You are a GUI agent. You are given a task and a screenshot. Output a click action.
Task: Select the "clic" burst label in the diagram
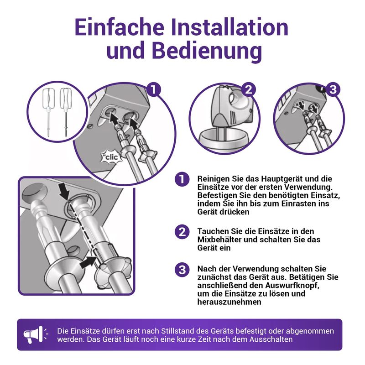[112, 157]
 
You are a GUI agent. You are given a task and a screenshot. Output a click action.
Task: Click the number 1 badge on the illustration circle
[154, 89]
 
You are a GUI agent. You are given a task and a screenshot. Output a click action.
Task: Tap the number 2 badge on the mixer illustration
[249, 89]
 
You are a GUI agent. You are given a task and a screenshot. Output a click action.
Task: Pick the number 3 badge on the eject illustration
[333, 89]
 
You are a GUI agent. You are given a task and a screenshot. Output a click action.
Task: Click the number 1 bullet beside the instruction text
[182, 179]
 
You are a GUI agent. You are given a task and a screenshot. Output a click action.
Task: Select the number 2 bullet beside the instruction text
[182, 232]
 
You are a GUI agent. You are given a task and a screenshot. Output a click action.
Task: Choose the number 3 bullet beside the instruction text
[182, 270]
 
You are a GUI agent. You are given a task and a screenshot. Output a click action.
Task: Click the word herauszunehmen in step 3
[229, 302]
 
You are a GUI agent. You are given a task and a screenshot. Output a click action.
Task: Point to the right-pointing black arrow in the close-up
[88, 263]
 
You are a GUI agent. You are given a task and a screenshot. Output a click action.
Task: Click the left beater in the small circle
[49, 111]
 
